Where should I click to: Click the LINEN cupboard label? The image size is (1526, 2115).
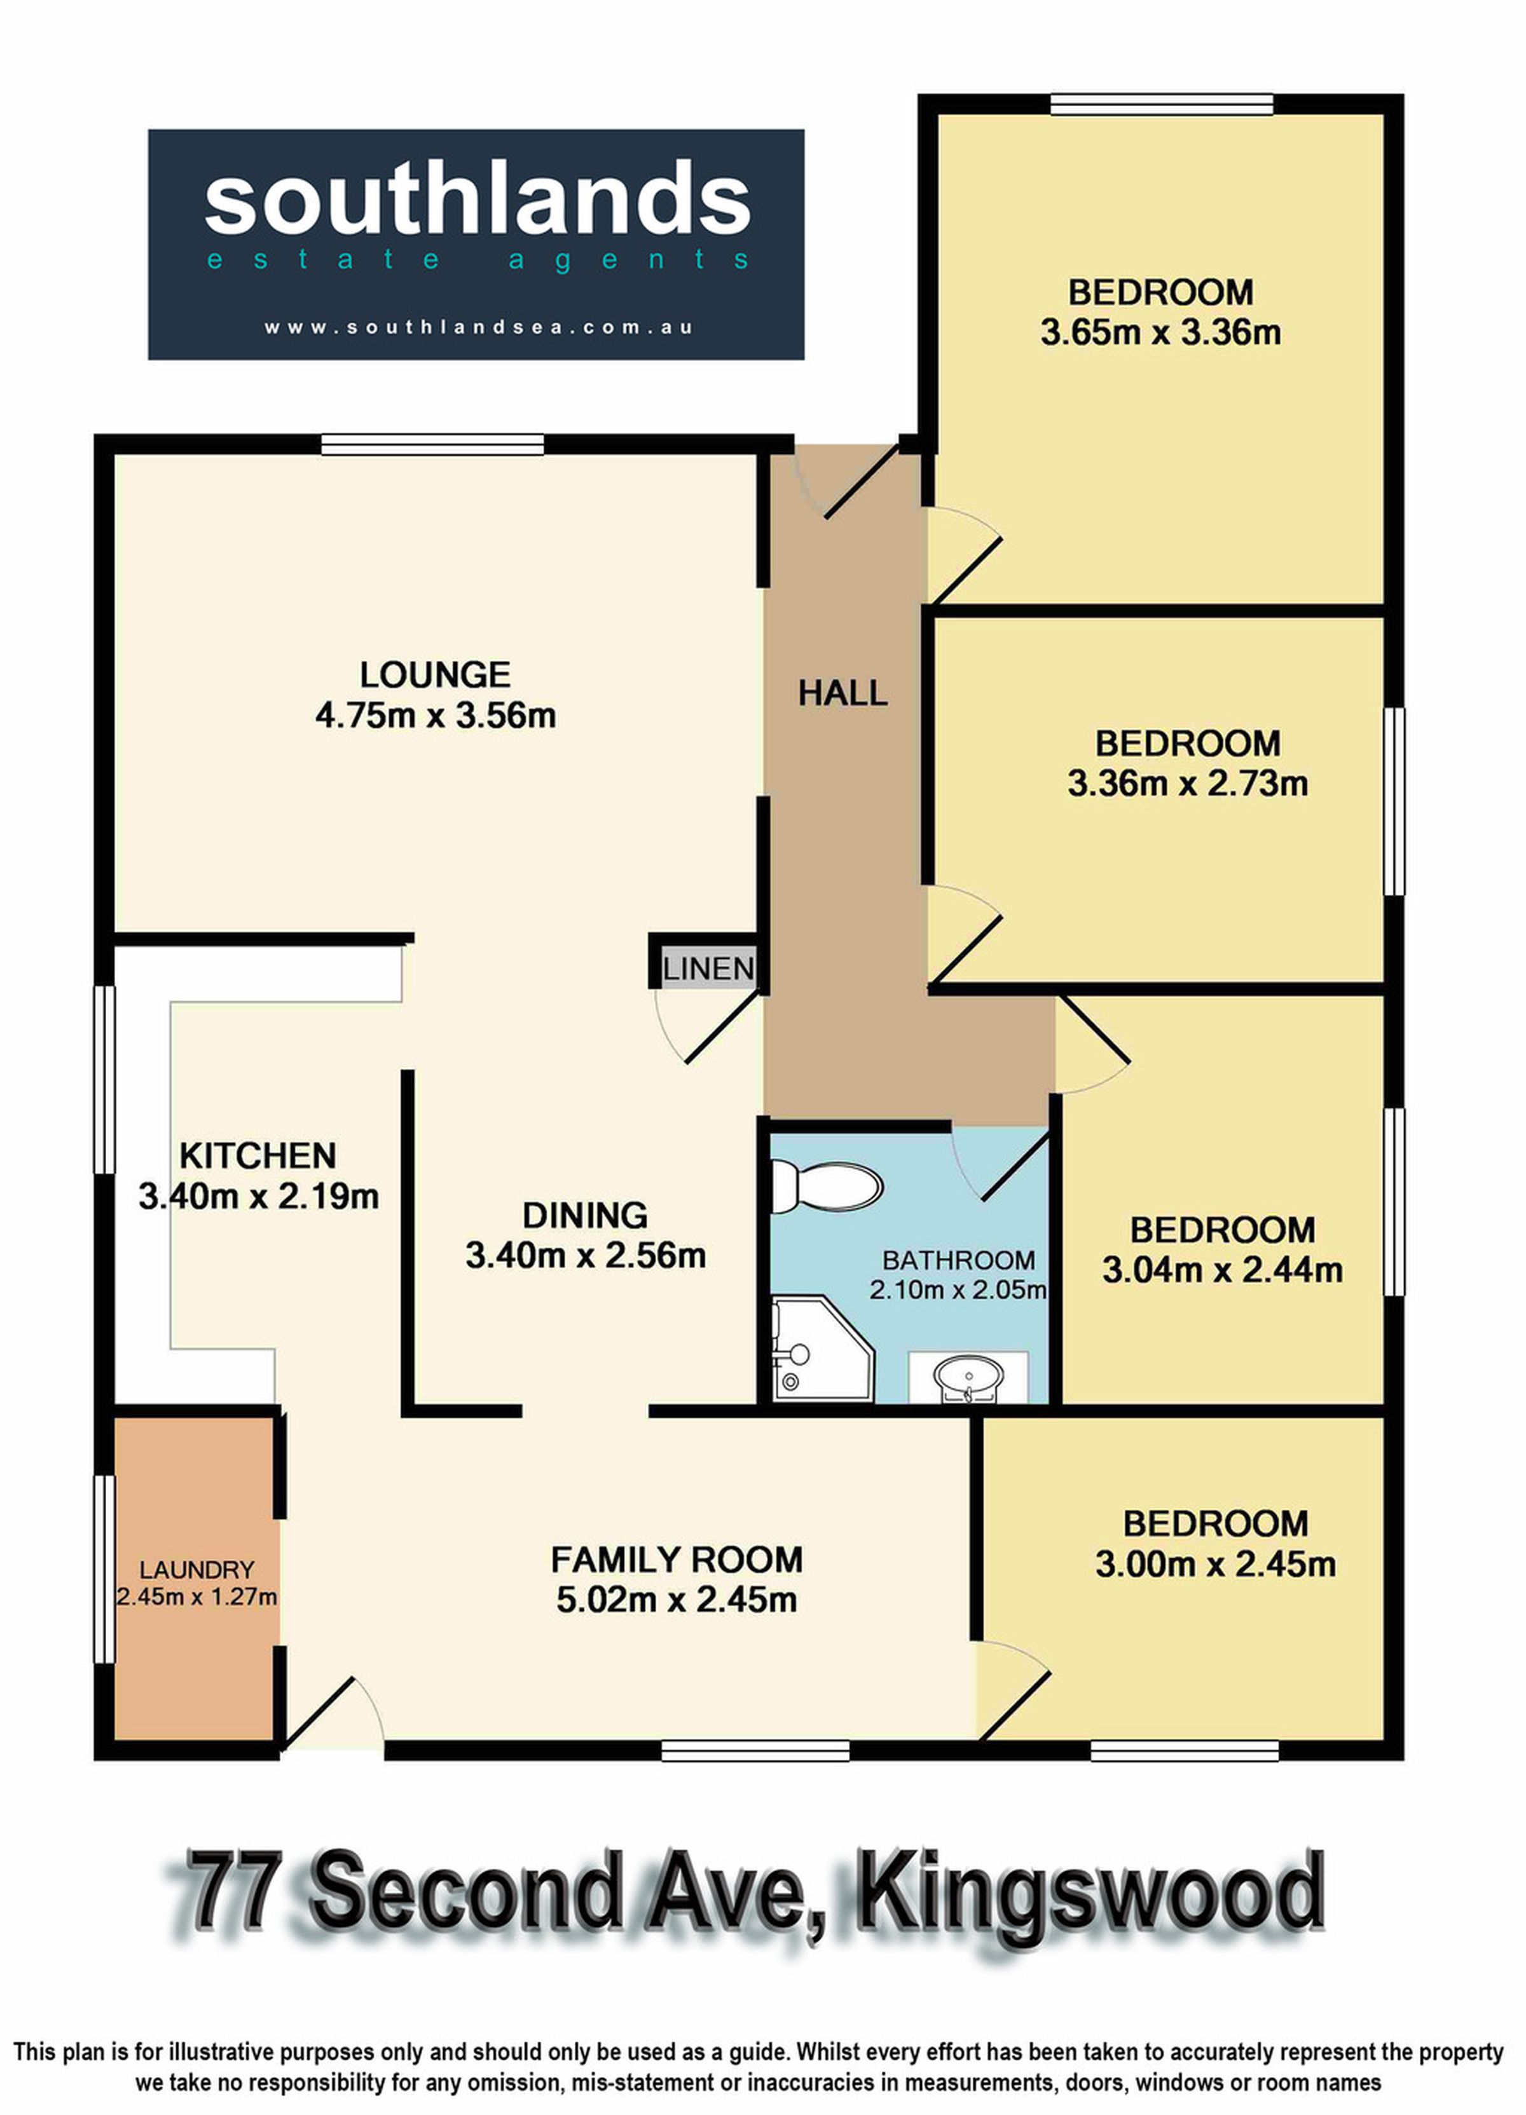708,969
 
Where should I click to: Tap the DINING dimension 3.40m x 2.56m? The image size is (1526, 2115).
586,1255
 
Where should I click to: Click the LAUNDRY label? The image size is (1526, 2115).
197,1570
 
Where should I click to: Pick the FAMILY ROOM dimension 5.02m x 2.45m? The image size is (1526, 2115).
677,1600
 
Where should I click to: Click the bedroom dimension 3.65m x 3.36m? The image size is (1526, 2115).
1160,332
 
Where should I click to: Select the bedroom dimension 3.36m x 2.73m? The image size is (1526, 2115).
1187,784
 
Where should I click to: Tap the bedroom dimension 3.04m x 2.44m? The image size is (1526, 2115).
1222,1269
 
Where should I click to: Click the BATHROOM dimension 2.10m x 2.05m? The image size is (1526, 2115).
958,1291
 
